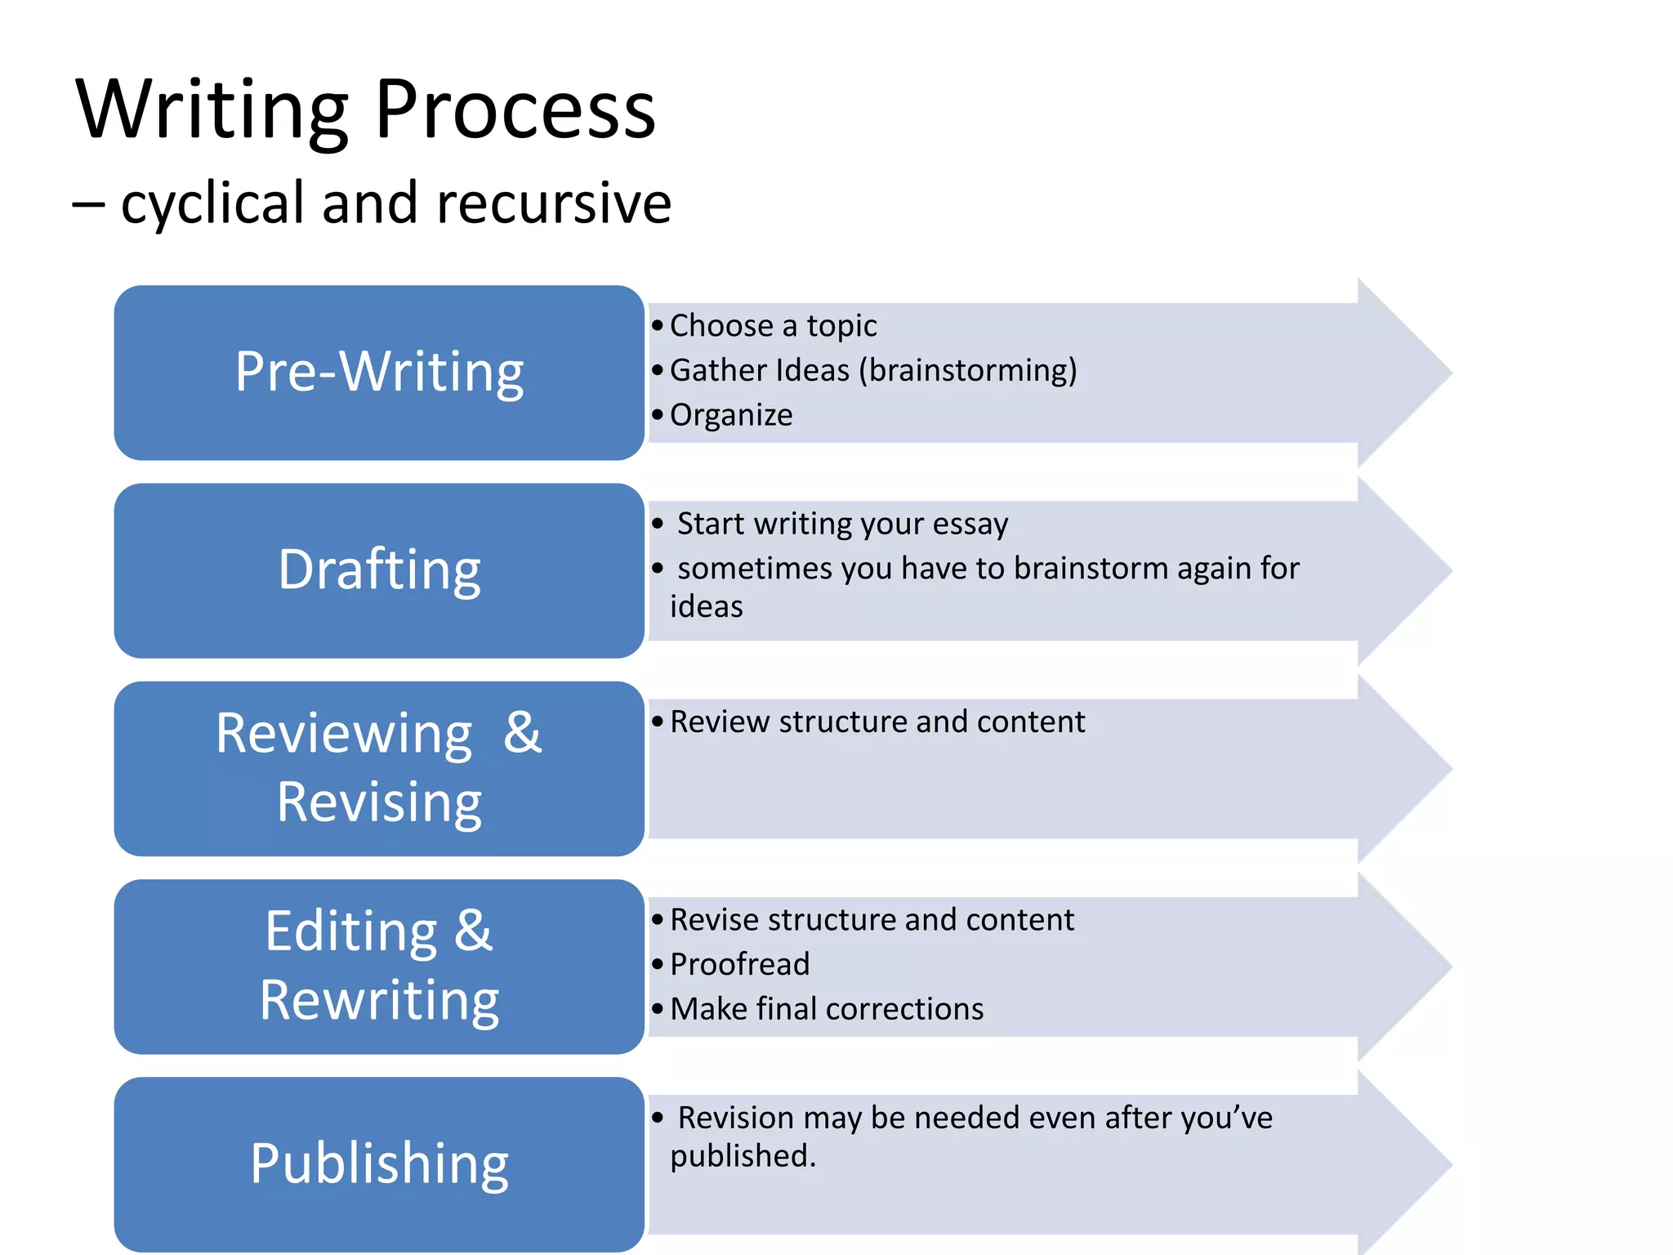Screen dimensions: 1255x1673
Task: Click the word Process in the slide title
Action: tap(515, 110)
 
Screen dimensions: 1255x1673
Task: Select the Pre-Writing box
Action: tap(379, 373)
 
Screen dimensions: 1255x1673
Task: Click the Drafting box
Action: tap(379, 570)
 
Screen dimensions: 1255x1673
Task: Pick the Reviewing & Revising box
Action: tap(379, 768)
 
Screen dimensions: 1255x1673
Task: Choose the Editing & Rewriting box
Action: tap(379, 966)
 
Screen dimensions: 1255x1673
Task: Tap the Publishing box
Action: tap(379, 1163)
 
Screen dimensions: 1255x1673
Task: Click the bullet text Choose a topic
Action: tap(773, 326)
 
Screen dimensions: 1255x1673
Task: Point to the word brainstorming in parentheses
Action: tap(968, 370)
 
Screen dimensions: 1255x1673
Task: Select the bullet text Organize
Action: tap(731, 415)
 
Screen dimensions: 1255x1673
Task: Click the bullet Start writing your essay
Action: tap(842, 524)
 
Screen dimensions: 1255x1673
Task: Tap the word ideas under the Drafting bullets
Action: tap(707, 607)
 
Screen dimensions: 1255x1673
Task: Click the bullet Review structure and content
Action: tap(877, 722)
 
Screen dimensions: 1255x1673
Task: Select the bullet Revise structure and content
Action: tap(872, 920)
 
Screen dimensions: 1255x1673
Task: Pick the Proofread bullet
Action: tap(739, 964)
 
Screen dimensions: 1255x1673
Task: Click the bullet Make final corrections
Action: tap(827, 1009)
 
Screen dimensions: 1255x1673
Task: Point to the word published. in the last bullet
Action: tap(743, 1156)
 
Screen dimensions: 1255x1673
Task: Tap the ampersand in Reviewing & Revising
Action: tap(523, 732)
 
